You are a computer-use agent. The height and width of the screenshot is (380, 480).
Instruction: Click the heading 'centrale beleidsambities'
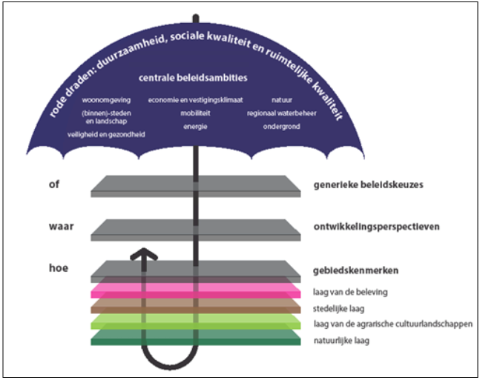pyautogui.click(x=193, y=78)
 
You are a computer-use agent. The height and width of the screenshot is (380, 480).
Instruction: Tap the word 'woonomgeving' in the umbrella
pyautogui.click(x=106, y=100)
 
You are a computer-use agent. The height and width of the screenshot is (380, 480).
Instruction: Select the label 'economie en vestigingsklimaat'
pyautogui.click(x=195, y=100)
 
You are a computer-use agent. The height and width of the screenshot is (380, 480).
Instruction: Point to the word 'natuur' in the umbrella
pyautogui.click(x=282, y=100)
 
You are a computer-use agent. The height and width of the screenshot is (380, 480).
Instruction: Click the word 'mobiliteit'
pyautogui.click(x=195, y=113)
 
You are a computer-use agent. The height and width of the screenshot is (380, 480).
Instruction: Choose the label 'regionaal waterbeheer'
pyautogui.click(x=282, y=113)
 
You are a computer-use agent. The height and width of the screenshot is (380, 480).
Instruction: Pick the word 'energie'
pyautogui.click(x=195, y=127)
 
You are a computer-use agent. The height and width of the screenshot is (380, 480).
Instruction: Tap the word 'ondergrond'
pyautogui.click(x=282, y=127)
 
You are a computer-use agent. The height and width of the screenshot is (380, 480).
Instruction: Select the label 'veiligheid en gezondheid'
pyautogui.click(x=106, y=135)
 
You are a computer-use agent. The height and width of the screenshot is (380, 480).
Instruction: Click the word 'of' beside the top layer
pyautogui.click(x=54, y=184)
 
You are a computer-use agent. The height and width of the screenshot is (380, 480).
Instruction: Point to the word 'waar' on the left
pyautogui.click(x=62, y=227)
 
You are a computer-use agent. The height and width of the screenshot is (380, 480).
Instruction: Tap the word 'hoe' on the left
pyautogui.click(x=59, y=268)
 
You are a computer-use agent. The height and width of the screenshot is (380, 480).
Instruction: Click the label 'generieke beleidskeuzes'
pyautogui.click(x=368, y=184)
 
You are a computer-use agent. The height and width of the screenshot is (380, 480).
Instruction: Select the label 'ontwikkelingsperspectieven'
pyautogui.click(x=377, y=227)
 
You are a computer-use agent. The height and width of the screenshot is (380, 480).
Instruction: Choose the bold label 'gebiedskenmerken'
pyautogui.click(x=355, y=270)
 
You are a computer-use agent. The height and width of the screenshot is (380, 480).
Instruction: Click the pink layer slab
pyautogui.click(x=196, y=290)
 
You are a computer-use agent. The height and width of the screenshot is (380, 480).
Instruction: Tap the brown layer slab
pyautogui.click(x=196, y=306)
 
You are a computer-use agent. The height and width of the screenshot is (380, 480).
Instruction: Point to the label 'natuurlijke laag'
pyautogui.click(x=341, y=341)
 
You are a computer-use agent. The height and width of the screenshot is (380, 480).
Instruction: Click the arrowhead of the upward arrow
pyautogui.click(x=144, y=254)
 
